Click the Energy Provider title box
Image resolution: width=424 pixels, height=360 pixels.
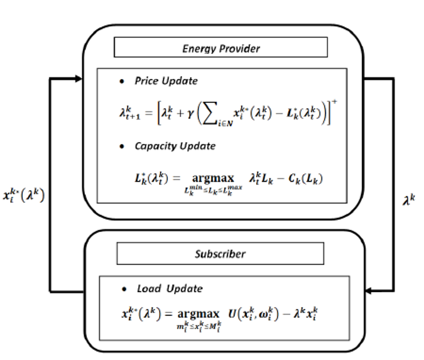pyautogui.click(x=220, y=47)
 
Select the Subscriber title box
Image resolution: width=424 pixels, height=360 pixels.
pyautogui.click(x=220, y=253)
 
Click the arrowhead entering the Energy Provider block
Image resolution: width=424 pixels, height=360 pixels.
pyautogui.click(x=78, y=79)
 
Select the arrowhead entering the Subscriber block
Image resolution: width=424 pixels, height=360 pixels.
pyautogui.click(x=371, y=291)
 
